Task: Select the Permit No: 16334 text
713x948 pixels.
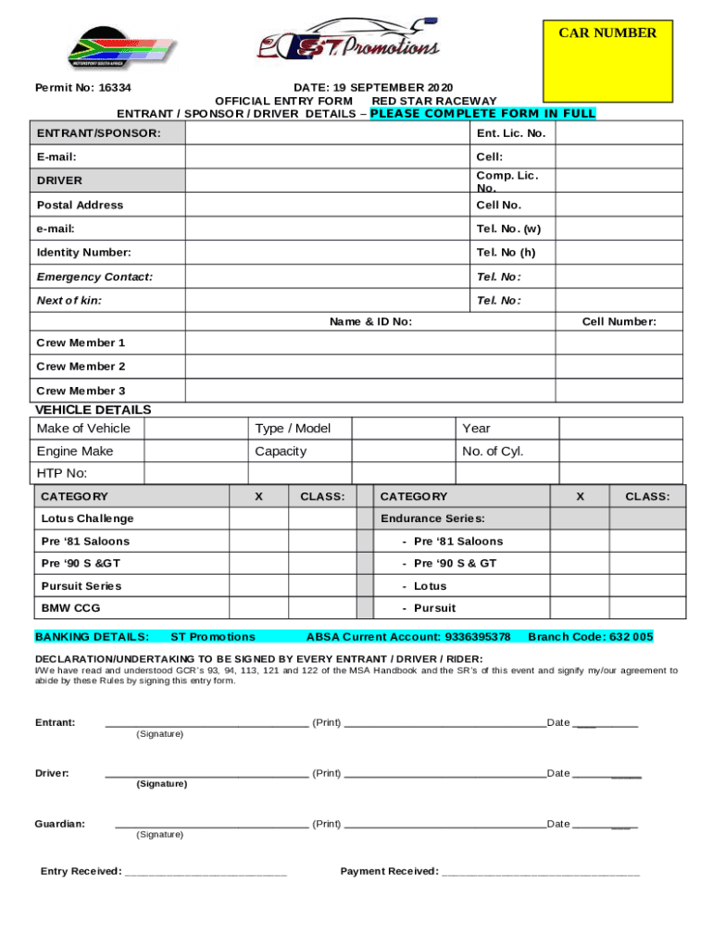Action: click(82, 88)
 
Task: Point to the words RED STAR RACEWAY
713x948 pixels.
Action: click(433, 101)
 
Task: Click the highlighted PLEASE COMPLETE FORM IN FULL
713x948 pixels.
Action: click(482, 114)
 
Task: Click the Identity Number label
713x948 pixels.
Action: click(83, 253)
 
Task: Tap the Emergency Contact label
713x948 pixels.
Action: click(94, 277)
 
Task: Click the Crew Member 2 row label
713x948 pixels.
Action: click(81, 367)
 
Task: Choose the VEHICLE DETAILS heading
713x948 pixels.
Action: click(93, 410)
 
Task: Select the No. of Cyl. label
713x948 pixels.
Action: click(493, 452)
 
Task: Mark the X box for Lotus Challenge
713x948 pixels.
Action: click(257, 518)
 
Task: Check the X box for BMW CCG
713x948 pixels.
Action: click(257, 608)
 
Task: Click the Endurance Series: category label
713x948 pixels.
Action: click(432, 518)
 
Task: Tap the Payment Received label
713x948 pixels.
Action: click(389, 871)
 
